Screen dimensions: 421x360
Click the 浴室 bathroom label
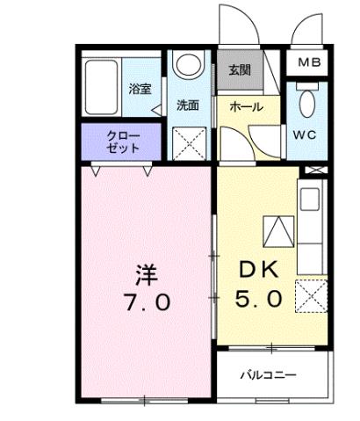click(140, 88)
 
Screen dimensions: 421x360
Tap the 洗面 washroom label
click(187, 105)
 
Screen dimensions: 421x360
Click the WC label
click(306, 135)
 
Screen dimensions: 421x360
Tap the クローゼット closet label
click(122, 142)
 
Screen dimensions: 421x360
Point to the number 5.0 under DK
click(259, 299)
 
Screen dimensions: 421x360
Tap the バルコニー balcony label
click(269, 375)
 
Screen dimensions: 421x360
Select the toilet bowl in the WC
click(306, 105)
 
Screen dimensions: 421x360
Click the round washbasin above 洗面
click(187, 67)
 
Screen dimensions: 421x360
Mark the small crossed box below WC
click(315, 170)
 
